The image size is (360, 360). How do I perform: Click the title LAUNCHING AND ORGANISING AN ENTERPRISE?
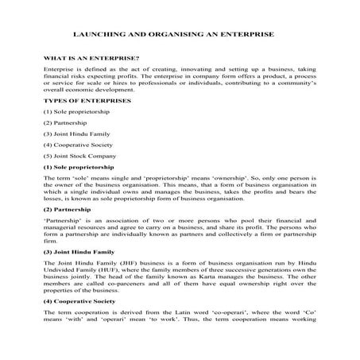180,36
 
